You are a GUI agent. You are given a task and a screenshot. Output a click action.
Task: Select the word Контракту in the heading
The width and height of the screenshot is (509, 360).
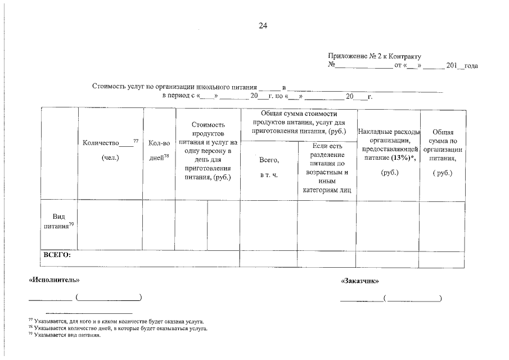pyautogui.click(x=407, y=57)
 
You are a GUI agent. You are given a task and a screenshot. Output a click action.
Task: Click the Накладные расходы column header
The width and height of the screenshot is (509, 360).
pyautogui.click(x=389, y=132)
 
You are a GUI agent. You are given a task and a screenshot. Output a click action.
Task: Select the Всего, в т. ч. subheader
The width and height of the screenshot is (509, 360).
pyautogui.click(x=269, y=168)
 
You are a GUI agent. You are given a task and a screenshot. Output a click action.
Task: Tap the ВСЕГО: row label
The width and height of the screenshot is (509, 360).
pyautogui.click(x=57, y=254)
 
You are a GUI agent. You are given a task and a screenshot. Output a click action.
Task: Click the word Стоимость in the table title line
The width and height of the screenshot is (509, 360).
pyautogui.click(x=108, y=88)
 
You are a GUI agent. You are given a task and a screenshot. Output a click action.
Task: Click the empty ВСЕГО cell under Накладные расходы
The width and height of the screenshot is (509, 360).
pyautogui.click(x=388, y=259)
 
